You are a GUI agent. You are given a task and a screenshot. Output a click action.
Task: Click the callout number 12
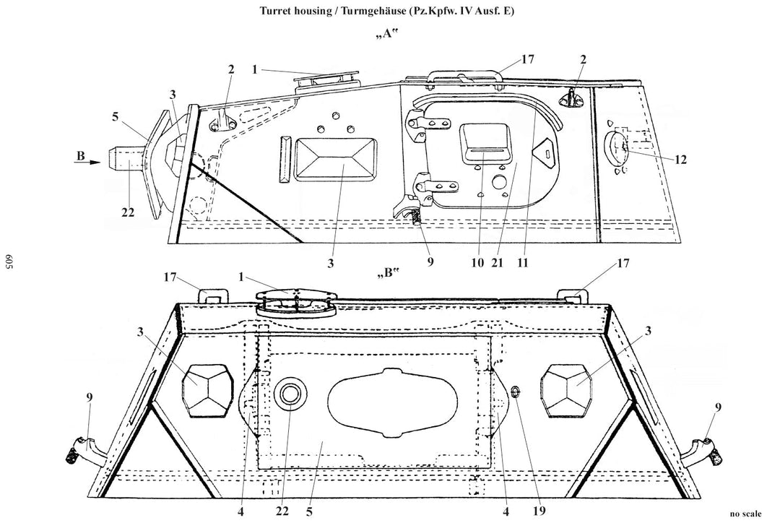[x=680, y=159]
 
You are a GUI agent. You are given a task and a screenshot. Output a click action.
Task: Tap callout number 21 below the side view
[x=496, y=263]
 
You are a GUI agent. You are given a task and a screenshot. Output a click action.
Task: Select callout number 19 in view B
[x=539, y=511]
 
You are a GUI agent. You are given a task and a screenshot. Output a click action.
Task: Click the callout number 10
[x=477, y=263]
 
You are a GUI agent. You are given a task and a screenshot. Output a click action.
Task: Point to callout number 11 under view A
[x=522, y=263]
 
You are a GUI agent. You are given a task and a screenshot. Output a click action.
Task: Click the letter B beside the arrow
[x=81, y=156]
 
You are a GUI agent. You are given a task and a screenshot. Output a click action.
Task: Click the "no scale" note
[x=745, y=514]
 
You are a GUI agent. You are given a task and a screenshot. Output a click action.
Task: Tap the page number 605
[x=9, y=262]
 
